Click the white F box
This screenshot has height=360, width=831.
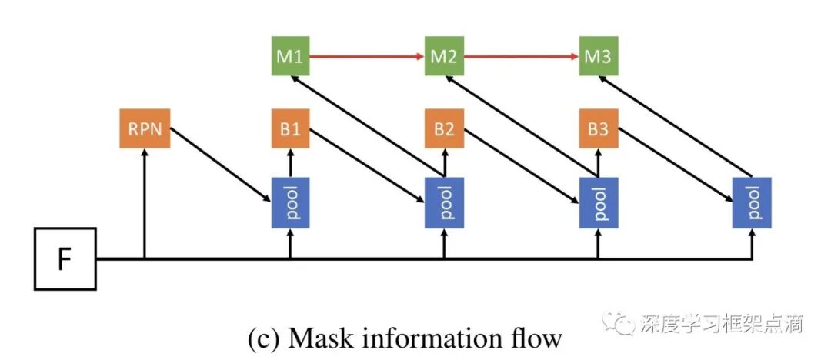65,258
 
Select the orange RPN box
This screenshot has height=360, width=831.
145,128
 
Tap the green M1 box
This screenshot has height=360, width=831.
290,55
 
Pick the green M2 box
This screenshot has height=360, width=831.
444,55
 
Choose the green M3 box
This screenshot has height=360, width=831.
599,55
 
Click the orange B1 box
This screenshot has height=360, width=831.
290,128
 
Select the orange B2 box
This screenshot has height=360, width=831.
444,128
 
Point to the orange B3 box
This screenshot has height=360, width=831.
599,128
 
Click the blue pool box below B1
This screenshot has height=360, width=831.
290,203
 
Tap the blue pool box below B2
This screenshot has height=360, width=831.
444,203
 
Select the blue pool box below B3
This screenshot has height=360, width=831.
599,203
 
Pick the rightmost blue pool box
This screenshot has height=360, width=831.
752,203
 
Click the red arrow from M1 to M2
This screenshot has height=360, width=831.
367,55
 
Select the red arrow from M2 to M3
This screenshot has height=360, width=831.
522,55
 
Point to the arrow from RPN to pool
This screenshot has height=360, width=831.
221,165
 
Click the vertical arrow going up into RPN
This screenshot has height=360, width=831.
144,204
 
